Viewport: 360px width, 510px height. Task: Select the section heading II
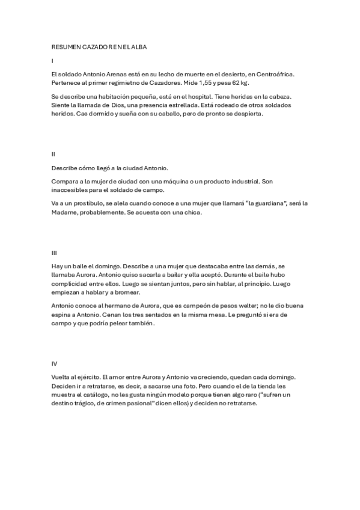(x=53, y=155)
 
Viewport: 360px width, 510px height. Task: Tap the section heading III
(x=54, y=253)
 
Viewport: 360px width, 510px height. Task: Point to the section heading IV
(x=55, y=364)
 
